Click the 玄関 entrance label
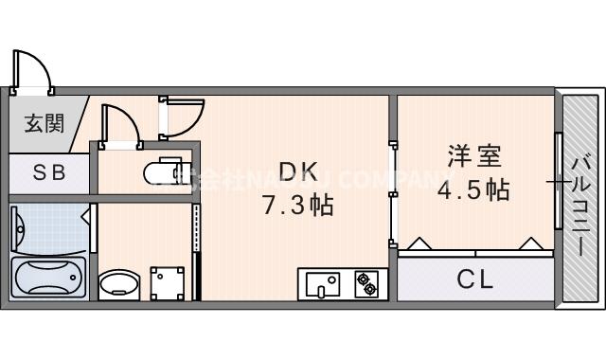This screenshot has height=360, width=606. click(43, 123)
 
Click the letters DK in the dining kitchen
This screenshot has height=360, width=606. click(297, 171)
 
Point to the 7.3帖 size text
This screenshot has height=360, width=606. click(297, 204)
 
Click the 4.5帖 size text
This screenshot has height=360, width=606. click(472, 189)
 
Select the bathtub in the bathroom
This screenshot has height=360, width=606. click(47, 278)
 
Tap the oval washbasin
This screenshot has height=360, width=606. click(119, 282)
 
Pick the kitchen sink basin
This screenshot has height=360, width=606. click(322, 282)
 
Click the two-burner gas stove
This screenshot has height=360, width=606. click(365, 282)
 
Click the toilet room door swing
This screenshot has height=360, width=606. click(119, 125)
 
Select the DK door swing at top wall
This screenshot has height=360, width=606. click(183, 116)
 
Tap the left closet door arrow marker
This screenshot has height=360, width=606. click(419, 243)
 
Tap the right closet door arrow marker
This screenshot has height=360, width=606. click(531, 243)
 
